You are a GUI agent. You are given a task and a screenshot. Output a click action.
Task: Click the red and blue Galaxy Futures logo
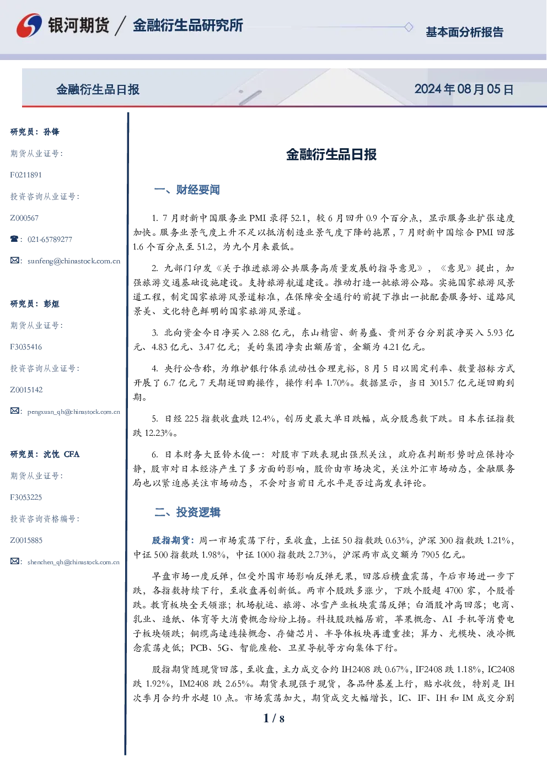tap(29, 25)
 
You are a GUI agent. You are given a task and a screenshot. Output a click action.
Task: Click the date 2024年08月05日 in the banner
tap(464, 89)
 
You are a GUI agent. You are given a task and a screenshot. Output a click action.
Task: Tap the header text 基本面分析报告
tap(464, 32)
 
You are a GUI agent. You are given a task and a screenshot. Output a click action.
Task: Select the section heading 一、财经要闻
tap(187, 190)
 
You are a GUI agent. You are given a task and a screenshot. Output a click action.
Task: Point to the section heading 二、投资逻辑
tap(187, 512)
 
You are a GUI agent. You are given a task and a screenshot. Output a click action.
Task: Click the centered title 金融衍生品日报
tap(331, 154)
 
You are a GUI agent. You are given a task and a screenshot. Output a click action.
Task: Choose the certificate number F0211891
tap(26, 175)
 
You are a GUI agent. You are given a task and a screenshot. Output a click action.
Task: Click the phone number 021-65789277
tap(50, 240)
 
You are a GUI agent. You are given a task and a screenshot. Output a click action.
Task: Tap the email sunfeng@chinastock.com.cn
tap(74, 261)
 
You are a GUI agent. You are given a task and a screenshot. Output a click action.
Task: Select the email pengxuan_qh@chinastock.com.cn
tap(74, 412)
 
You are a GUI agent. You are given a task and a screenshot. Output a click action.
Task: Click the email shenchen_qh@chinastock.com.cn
tap(73, 562)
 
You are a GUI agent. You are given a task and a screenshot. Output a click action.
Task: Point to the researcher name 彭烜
tap(51, 304)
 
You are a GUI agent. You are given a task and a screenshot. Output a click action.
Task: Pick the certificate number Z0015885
tap(26, 540)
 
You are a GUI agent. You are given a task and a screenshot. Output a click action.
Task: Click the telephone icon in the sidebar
tap(14, 239)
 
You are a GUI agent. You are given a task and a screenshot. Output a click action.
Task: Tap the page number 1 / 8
tap(273, 718)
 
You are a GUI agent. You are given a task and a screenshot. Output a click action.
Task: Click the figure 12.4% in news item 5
tap(264, 419)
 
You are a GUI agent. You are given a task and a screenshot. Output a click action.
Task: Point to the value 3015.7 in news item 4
tap(442, 383)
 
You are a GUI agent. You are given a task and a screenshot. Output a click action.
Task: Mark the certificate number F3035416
tap(26, 347)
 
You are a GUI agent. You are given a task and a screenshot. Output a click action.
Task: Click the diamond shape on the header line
tap(409, 27)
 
